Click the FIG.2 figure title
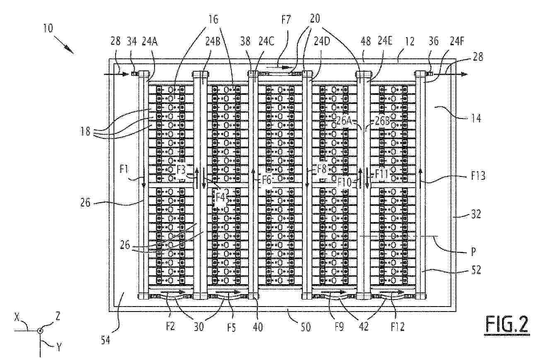[x=507, y=324]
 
